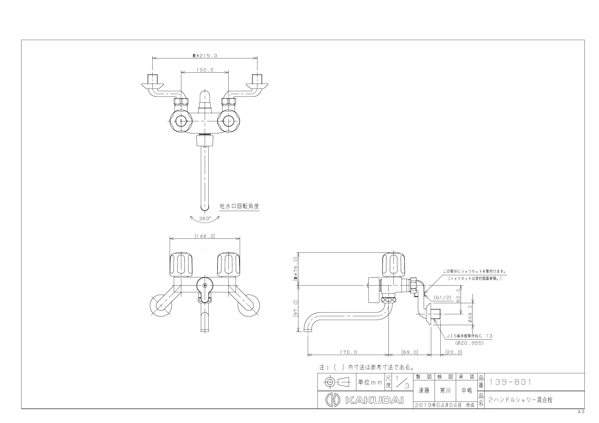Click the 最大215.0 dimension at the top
pyautogui.click(x=204, y=55)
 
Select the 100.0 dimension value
pyautogui.click(x=205, y=70)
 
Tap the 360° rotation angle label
pyautogui.click(x=205, y=218)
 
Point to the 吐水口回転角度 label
pyautogui.click(x=240, y=206)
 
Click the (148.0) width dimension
pyautogui.click(x=205, y=236)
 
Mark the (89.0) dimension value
pyautogui.click(x=410, y=352)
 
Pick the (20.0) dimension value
pyautogui.click(x=454, y=352)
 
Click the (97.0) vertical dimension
pyautogui.click(x=296, y=309)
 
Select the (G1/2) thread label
pyautogui.click(x=443, y=297)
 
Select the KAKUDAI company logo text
pyautogui.click(x=374, y=400)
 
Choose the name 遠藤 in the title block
pyautogui.click(x=424, y=390)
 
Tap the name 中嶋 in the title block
pyautogui.click(x=467, y=390)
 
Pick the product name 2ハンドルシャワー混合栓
pyautogui.click(x=521, y=400)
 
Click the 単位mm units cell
pyautogui.click(x=370, y=382)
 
